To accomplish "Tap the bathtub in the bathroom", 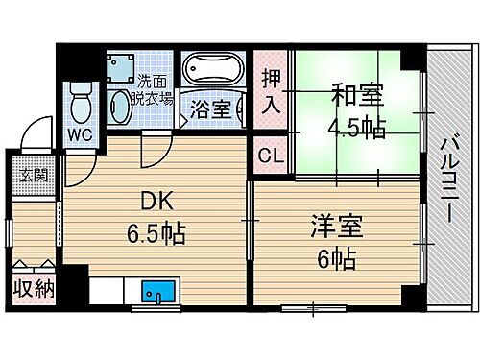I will pos(213,71).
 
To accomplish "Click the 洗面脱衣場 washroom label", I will pos(154,89).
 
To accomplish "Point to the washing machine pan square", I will pos(120,67).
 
